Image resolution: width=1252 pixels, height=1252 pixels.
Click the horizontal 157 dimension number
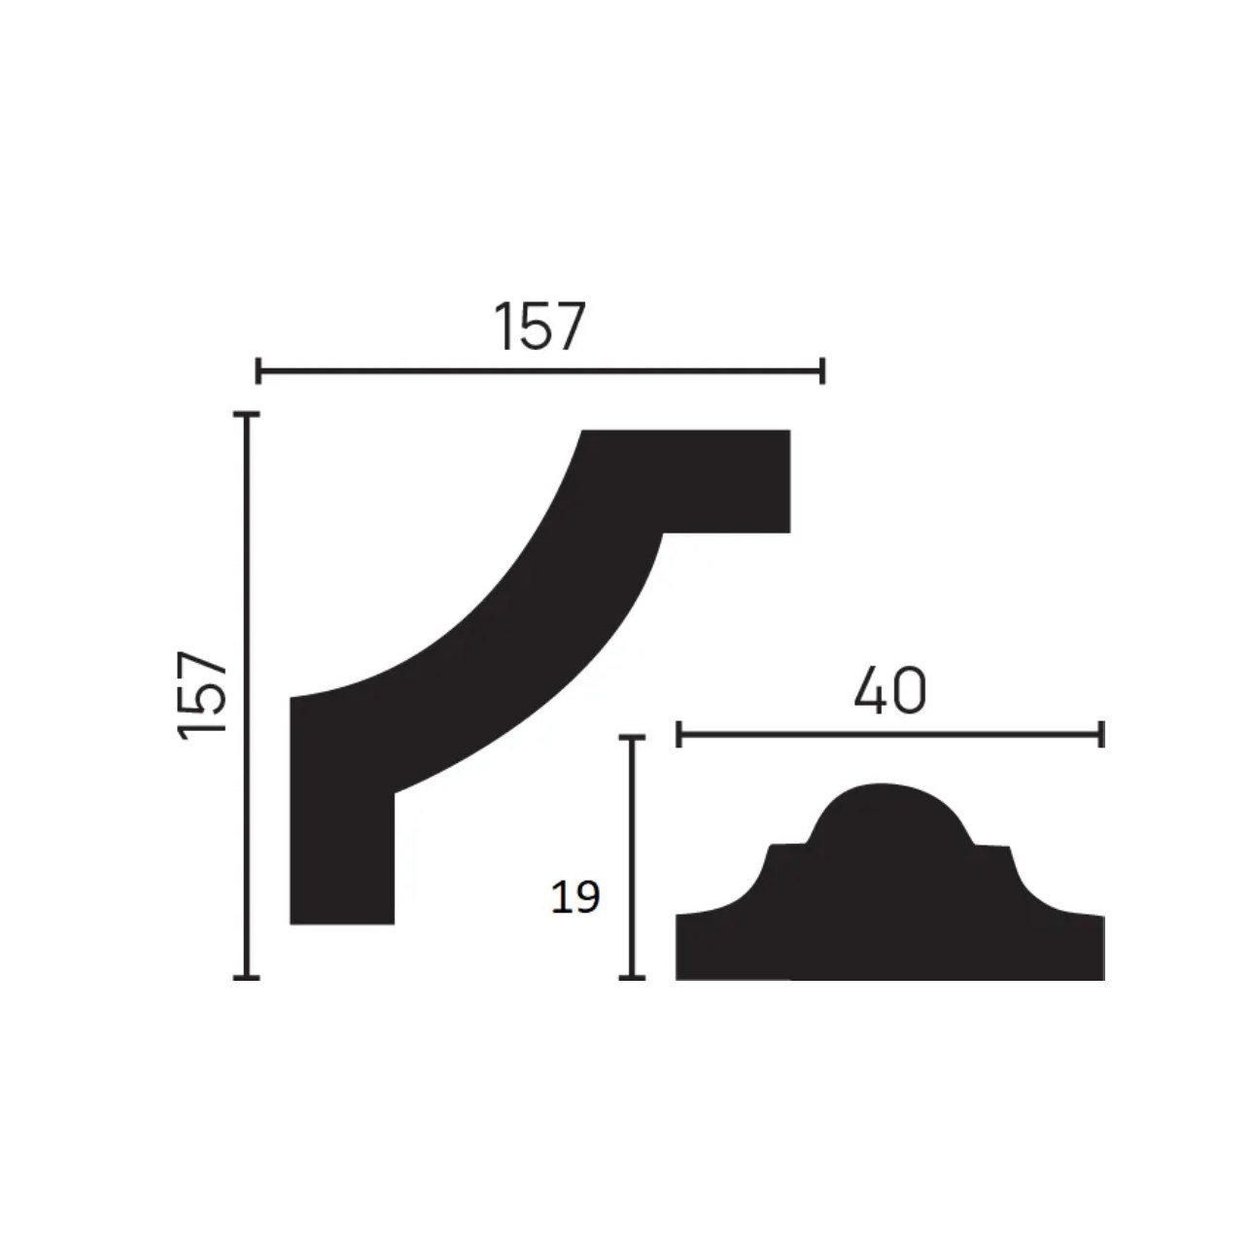tap(539, 327)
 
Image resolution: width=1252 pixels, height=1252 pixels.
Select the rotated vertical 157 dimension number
tap(201, 695)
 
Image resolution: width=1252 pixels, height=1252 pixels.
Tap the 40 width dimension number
tap(889, 691)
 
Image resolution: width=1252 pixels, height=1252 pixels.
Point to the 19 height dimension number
tap(575, 897)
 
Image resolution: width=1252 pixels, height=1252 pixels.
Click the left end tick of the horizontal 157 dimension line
tap(258, 371)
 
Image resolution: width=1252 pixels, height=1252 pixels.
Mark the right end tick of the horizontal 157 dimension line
tap(822, 371)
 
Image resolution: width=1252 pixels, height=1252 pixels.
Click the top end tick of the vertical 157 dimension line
tap(246, 414)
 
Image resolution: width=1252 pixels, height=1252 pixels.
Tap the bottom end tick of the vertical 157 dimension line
tap(246, 977)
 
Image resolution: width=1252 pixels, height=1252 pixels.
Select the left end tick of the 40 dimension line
tap(678, 734)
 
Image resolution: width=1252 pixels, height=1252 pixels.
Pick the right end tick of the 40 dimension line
tap(1101, 734)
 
